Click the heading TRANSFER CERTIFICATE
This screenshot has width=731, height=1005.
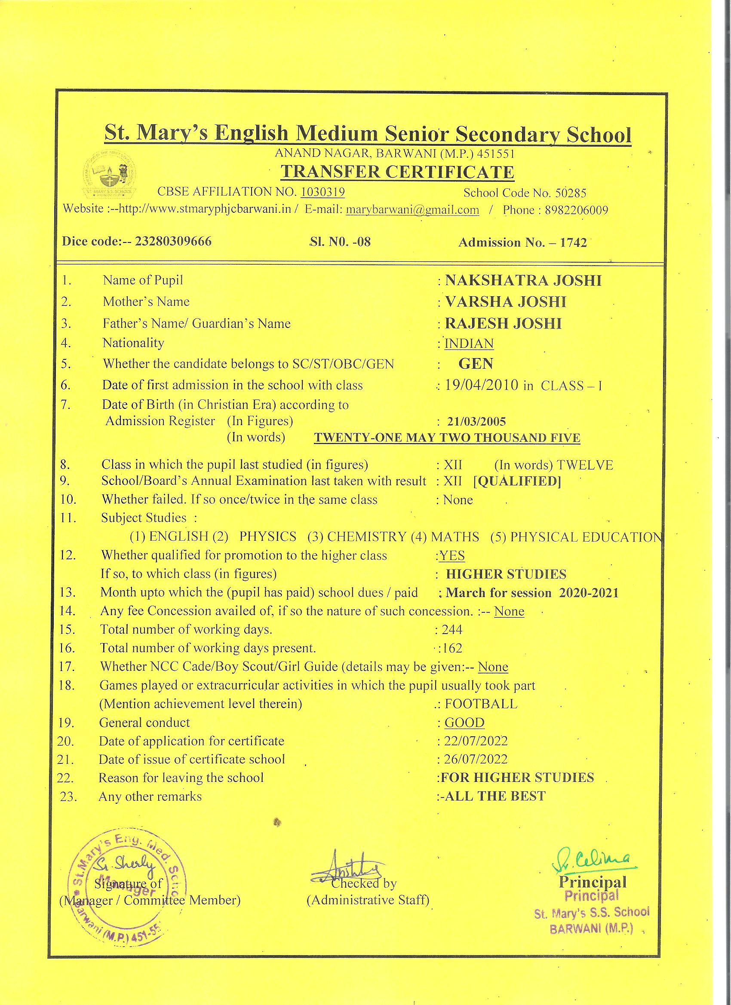point(397,172)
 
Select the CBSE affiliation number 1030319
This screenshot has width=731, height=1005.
point(323,192)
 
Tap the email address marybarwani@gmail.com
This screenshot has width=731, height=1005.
point(412,210)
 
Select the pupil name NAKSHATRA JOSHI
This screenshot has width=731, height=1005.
point(523,281)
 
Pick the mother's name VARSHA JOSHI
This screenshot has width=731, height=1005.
point(505,302)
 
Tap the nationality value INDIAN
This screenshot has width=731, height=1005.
point(469,343)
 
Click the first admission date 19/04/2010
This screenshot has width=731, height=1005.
point(482,385)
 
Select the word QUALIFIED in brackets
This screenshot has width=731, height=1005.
point(518,481)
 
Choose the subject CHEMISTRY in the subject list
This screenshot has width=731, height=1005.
point(366,536)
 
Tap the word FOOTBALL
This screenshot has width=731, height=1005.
point(481,704)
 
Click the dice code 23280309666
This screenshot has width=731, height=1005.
point(173,242)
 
